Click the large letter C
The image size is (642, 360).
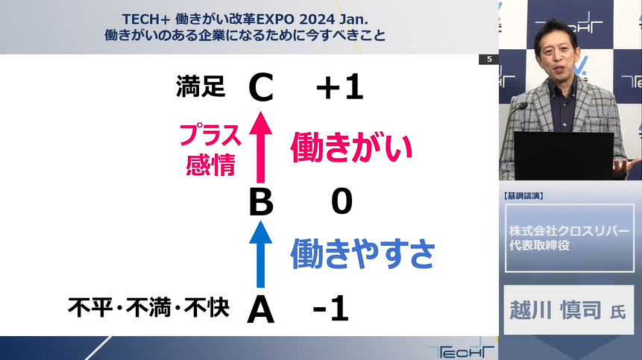[261, 87]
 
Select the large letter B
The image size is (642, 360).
[261, 202]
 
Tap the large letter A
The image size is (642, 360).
[261, 309]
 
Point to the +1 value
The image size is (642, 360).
[340, 87]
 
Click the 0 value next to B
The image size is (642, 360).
[342, 201]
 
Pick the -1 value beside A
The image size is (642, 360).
[331, 309]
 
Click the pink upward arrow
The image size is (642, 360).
[261, 148]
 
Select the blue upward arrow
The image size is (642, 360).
[261, 254]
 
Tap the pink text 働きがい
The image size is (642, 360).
[351, 148]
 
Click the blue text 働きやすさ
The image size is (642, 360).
[363, 253]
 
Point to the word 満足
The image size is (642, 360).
[201, 86]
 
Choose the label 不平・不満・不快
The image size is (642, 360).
[148, 308]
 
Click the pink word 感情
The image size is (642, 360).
[210, 165]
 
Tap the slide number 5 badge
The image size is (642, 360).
[489, 60]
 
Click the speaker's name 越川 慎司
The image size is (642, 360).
[556, 309]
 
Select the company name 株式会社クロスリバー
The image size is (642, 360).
[570, 231]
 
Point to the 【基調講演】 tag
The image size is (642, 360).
[523, 196]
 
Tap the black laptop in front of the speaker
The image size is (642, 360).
[564, 156]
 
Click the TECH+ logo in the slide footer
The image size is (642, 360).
[461, 350]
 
